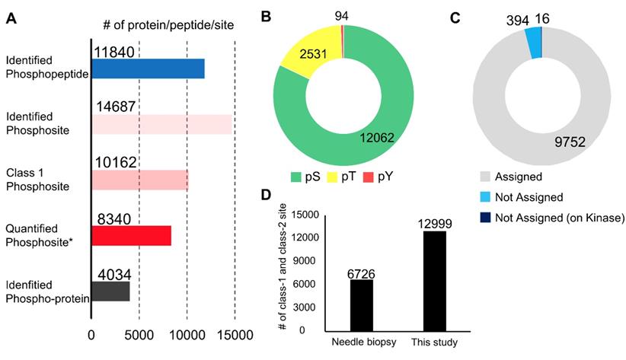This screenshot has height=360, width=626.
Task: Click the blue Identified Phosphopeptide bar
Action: pyautogui.click(x=148, y=68)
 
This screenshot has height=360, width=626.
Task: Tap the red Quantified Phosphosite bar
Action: pyautogui.click(x=131, y=236)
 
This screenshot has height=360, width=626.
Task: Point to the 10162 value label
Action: pyautogui.click(x=114, y=162)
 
